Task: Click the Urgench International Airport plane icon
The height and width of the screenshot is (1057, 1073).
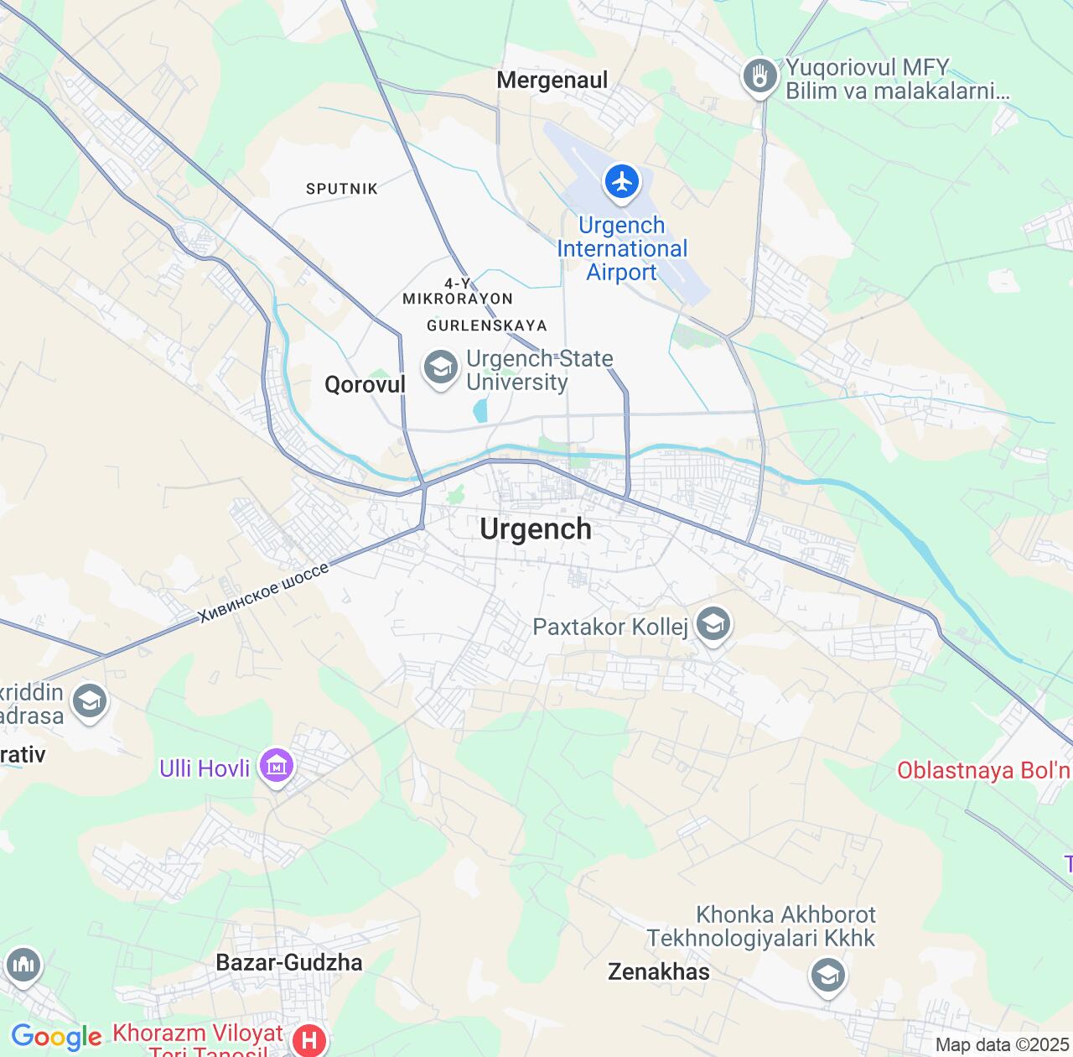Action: tap(621, 181)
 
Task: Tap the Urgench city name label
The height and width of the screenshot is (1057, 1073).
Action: tap(536, 529)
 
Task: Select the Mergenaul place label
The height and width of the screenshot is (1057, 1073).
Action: tap(552, 81)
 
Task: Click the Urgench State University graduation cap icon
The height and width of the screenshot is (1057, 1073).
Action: tap(440, 368)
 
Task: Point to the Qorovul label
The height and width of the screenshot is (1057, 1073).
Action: tap(365, 385)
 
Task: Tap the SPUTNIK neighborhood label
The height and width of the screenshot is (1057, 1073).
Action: tap(342, 189)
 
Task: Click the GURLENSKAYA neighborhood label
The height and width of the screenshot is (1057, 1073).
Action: tap(486, 325)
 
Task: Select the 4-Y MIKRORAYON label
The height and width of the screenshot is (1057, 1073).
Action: tap(458, 291)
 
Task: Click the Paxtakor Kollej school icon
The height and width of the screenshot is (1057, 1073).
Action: tap(713, 625)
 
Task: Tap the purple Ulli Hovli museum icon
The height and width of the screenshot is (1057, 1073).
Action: tap(276, 767)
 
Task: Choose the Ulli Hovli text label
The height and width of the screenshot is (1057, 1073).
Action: tap(205, 768)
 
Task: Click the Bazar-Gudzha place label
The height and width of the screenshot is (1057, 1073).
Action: tap(289, 962)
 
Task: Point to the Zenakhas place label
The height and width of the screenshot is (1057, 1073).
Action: tap(659, 972)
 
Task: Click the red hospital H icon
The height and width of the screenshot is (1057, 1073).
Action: tap(308, 1041)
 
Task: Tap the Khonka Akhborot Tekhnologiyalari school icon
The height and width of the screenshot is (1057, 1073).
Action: tap(827, 976)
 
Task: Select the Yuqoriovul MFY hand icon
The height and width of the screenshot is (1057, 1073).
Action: tap(760, 77)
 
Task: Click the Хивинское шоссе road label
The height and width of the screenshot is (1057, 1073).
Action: tap(263, 593)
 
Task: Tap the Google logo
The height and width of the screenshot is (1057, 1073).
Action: tap(56, 1038)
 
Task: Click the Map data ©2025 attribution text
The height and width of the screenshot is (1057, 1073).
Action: tap(1002, 1045)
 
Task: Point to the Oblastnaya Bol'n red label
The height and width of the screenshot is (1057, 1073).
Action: tap(983, 770)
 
